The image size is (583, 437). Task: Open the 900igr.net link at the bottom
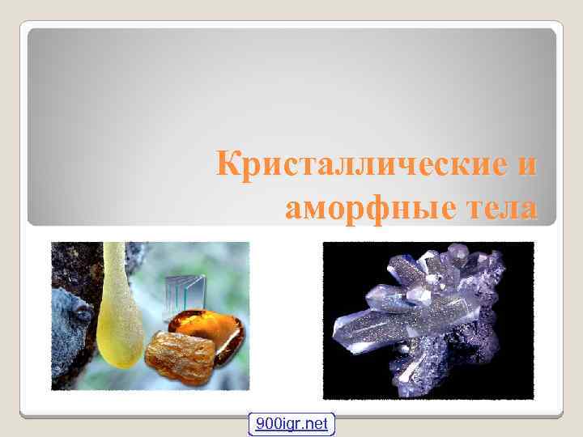pos(291,423)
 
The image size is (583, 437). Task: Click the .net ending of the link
pos(316,423)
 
